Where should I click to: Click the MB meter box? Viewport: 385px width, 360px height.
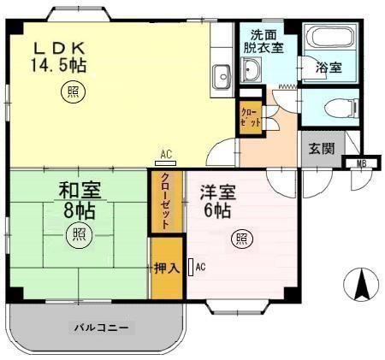[x=360, y=164]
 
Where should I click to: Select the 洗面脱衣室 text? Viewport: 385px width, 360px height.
[x=267, y=43]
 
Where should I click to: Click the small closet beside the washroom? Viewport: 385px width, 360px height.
[x=249, y=114]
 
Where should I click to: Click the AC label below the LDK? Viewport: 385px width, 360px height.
[x=166, y=155]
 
